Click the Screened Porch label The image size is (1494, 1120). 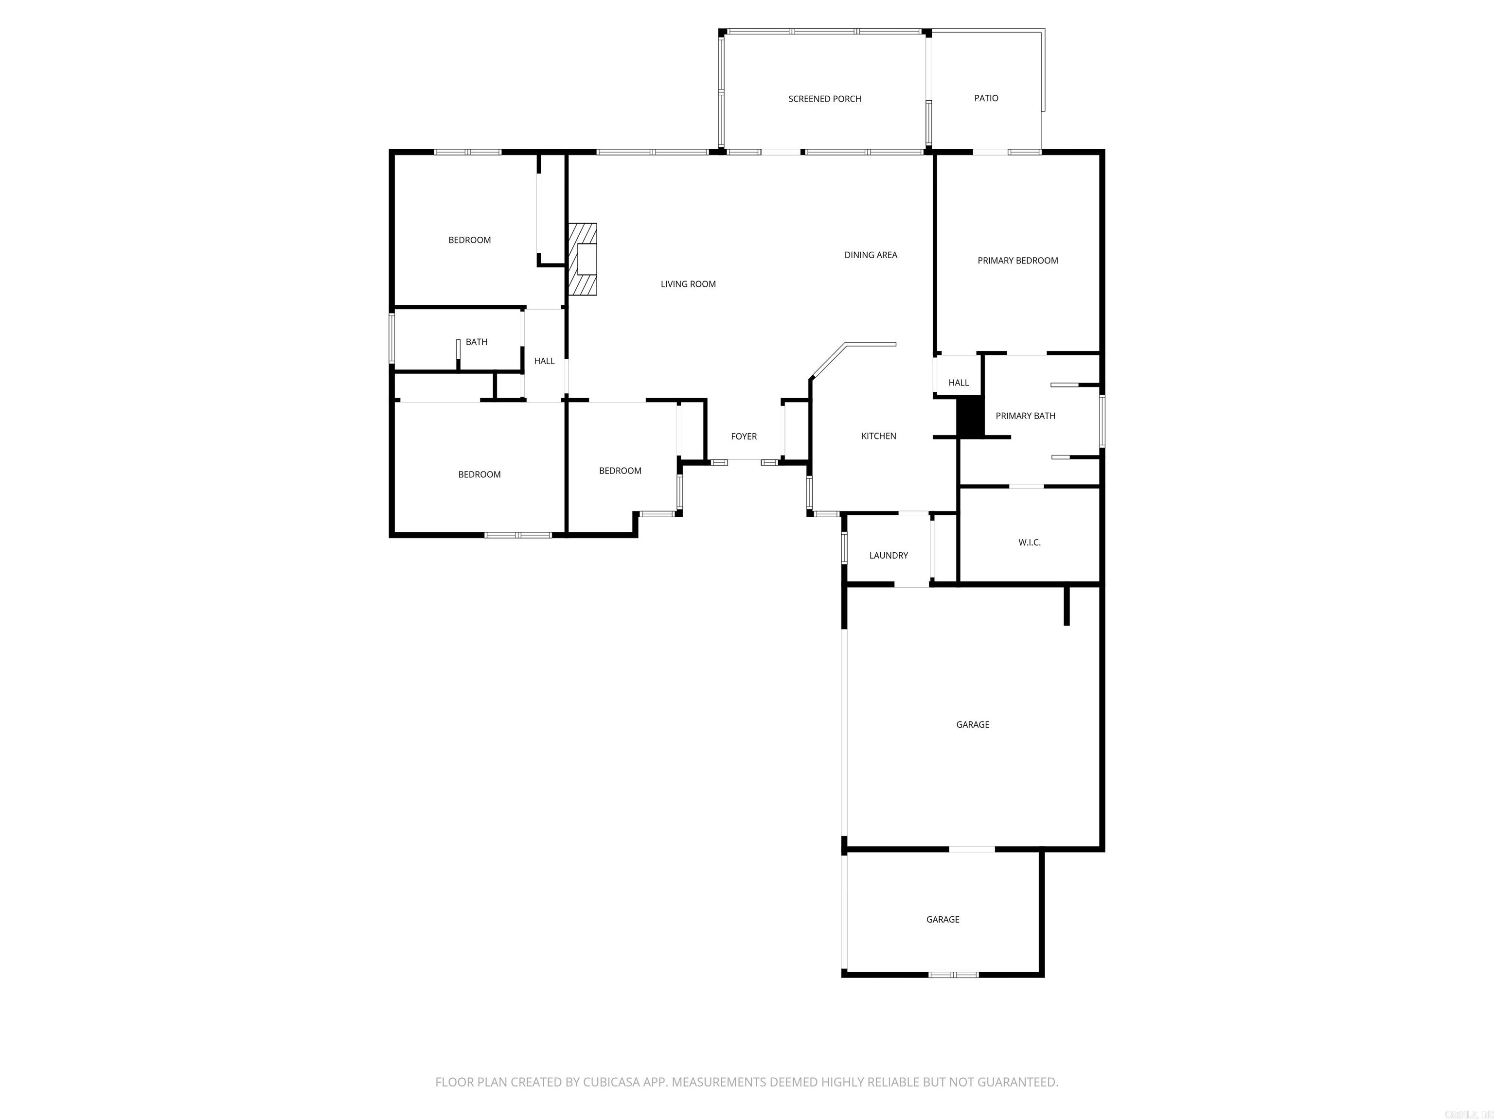click(825, 99)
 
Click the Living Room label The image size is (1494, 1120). click(688, 284)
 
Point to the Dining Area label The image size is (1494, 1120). click(871, 255)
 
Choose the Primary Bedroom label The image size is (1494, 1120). click(1018, 261)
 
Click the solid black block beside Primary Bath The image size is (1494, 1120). click(971, 417)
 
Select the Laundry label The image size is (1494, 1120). click(888, 556)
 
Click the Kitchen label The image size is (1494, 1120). click(879, 436)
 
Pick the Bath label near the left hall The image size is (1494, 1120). click(476, 342)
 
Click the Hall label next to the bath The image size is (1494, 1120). click(544, 361)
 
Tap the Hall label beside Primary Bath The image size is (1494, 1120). click(959, 383)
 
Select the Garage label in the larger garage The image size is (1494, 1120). click(973, 724)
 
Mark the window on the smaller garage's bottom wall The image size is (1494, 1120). click(953, 975)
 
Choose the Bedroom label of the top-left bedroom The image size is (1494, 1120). click(469, 240)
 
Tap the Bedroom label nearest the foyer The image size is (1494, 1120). click(620, 471)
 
